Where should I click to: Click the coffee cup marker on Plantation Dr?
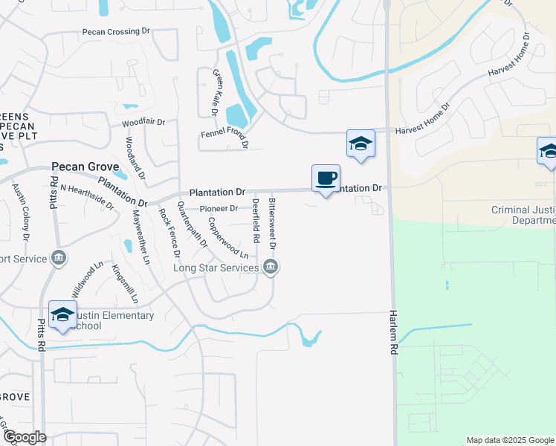tap(326, 179)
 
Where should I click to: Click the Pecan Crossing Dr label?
tap(117, 33)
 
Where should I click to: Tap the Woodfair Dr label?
tap(143, 122)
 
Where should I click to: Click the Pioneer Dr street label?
tap(219, 209)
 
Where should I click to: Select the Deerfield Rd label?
tap(256, 222)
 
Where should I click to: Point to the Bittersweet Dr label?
tap(273, 224)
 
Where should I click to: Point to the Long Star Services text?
tap(216, 268)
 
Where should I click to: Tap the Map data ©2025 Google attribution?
tap(510, 440)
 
